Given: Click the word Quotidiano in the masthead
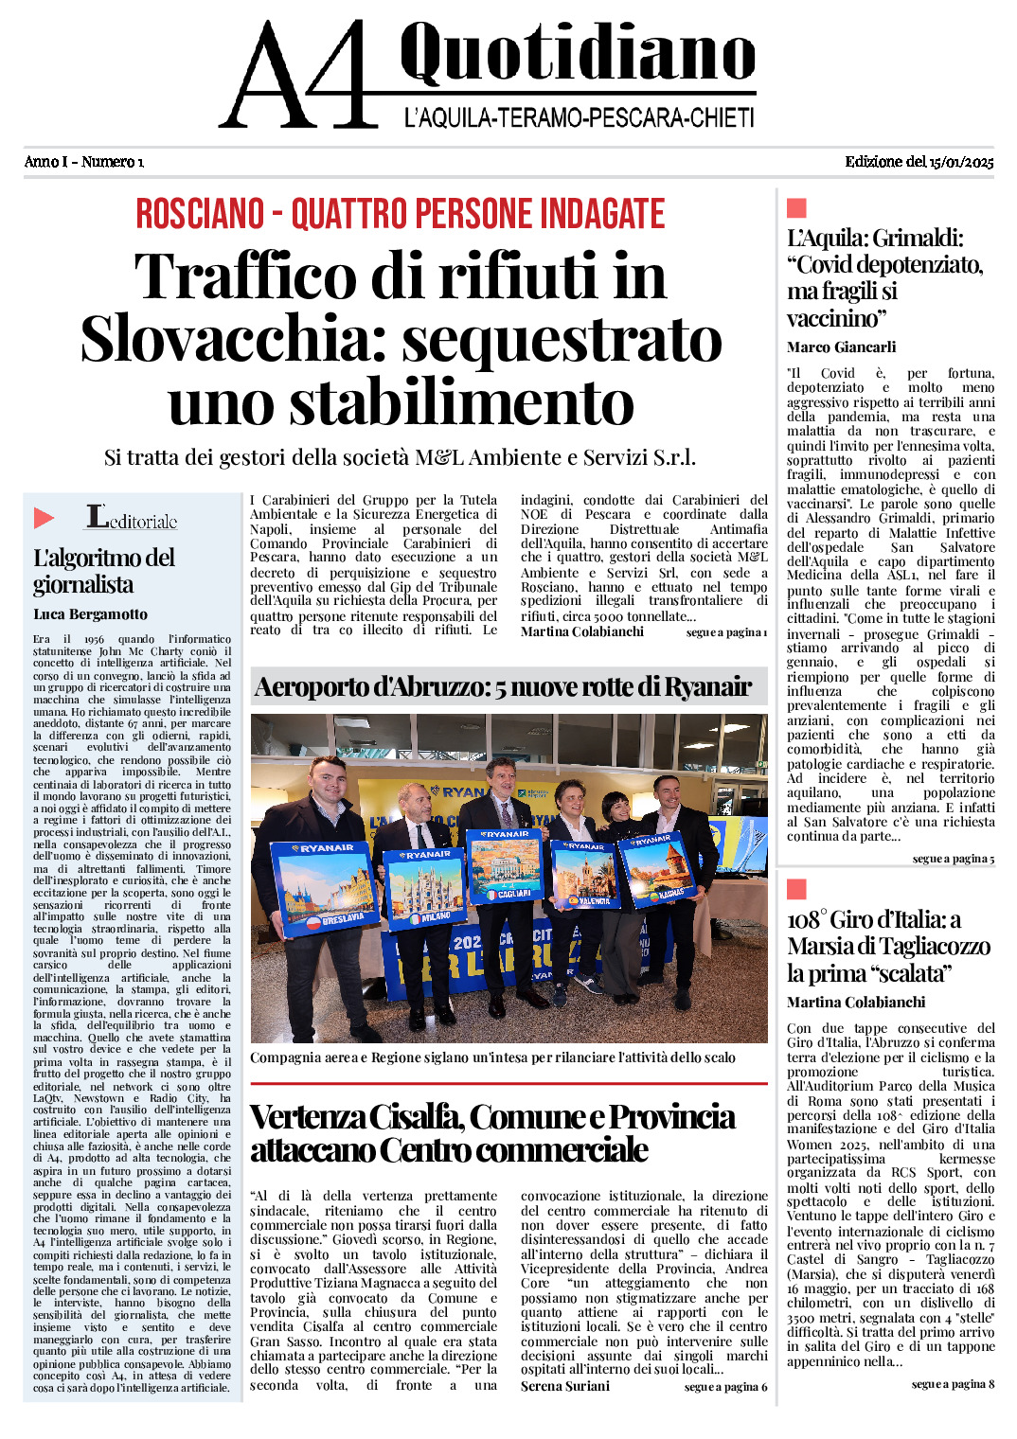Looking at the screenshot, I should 577,53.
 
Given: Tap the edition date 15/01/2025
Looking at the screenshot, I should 961,162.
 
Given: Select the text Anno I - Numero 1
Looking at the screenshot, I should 84,162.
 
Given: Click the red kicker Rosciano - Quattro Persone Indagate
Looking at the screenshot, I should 401,214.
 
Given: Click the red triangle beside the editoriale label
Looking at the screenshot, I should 44,518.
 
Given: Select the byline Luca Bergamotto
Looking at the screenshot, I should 90,614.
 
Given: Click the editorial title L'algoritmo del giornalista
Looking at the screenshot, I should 103,571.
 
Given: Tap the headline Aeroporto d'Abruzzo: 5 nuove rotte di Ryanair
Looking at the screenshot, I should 503,686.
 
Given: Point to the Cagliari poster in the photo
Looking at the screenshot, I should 506,866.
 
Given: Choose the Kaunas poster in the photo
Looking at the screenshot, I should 657,867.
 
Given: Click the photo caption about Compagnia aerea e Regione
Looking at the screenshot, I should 493,1057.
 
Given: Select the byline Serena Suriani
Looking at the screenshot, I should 564,1386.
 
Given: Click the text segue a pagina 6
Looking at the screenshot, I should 725,1387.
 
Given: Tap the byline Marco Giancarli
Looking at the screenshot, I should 841,347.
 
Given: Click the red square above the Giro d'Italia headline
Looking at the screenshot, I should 796,889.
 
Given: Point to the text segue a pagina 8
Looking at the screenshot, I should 953,1384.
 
